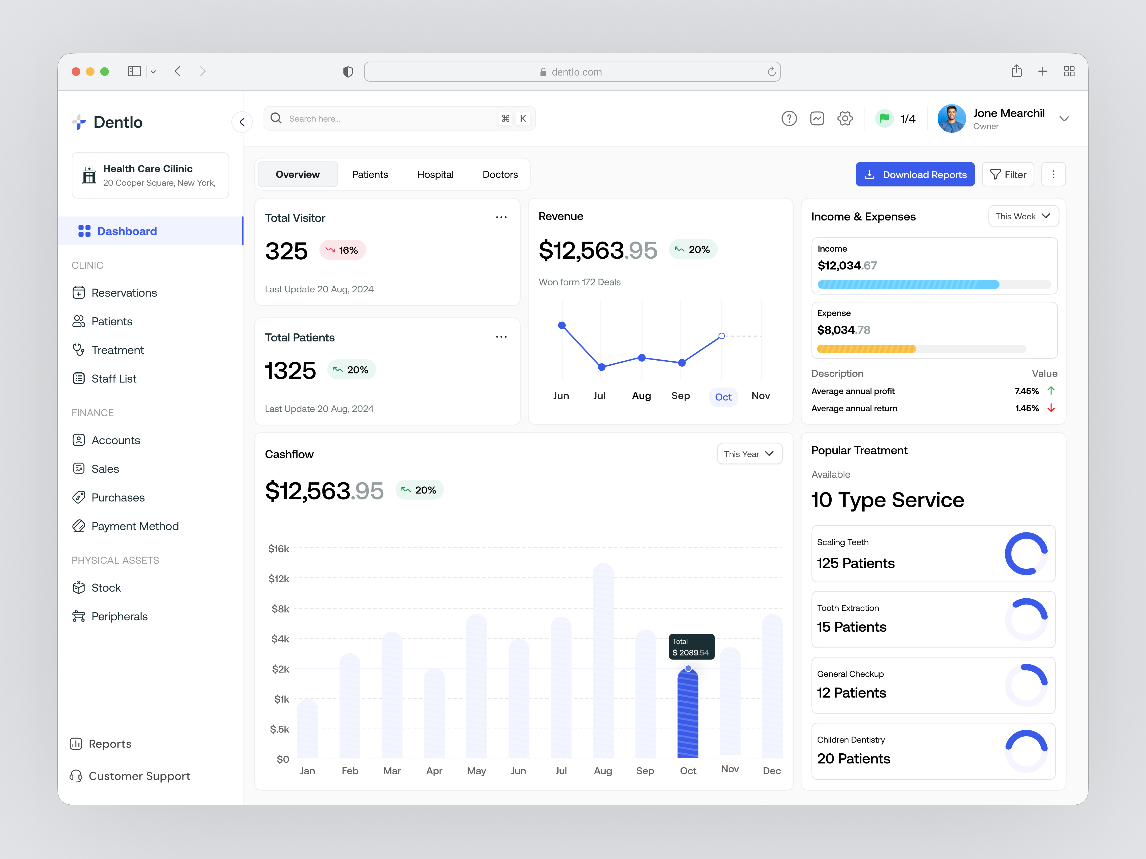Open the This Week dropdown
[x=1023, y=216]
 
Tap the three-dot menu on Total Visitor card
[x=501, y=217]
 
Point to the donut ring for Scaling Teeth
[x=1026, y=554]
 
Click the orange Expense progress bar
[x=866, y=349]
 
